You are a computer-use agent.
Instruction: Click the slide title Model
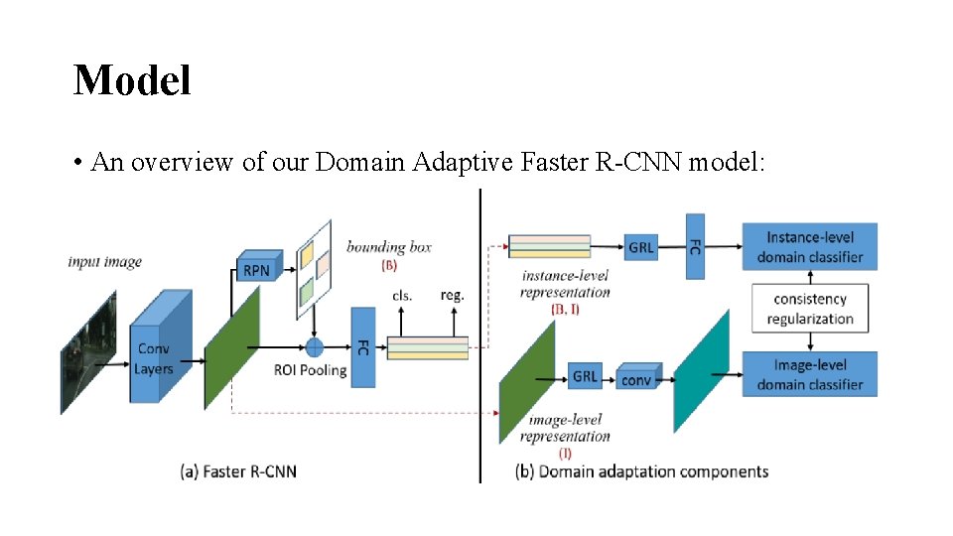click(x=131, y=80)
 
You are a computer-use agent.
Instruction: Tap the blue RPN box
click(x=257, y=269)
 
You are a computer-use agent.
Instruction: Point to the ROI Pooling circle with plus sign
click(x=314, y=347)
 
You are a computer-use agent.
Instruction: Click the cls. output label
click(x=403, y=295)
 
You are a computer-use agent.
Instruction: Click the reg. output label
click(x=452, y=295)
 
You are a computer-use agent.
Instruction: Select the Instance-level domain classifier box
click(x=809, y=247)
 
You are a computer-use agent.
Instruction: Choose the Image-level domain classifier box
click(x=809, y=374)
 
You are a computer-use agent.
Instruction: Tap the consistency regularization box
click(x=810, y=309)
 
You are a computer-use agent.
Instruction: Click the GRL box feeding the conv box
click(x=585, y=377)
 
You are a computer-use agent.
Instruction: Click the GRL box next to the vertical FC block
click(x=640, y=247)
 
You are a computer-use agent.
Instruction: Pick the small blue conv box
click(x=635, y=380)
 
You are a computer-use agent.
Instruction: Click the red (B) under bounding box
click(x=389, y=266)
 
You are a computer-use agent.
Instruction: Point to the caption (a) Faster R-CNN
click(x=238, y=471)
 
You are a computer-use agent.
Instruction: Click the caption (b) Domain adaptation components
click(x=642, y=471)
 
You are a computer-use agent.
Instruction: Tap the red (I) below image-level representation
click(x=565, y=453)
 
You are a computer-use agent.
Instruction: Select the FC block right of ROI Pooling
click(x=363, y=347)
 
